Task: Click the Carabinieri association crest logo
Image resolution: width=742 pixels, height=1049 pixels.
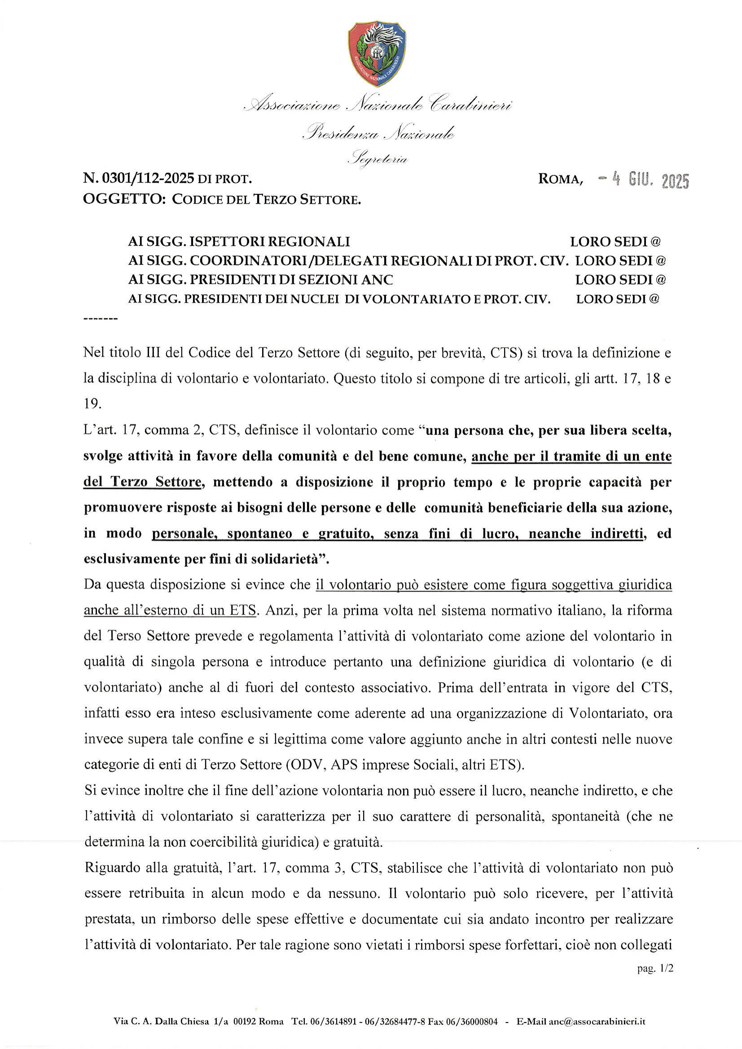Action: click(377, 54)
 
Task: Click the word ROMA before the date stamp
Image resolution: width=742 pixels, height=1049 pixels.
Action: click(560, 179)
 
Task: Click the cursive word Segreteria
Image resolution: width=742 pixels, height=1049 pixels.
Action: click(378, 159)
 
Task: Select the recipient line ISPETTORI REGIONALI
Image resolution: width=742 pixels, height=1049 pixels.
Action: click(239, 241)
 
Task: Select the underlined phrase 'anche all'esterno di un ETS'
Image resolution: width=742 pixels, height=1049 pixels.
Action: click(169, 610)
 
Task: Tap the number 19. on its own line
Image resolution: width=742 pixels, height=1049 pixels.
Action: click(92, 404)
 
